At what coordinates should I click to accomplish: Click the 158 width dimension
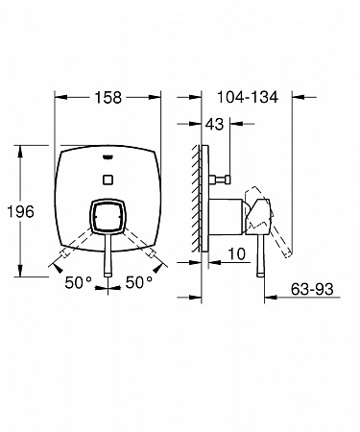click(x=108, y=97)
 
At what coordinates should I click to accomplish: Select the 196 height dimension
click(x=20, y=211)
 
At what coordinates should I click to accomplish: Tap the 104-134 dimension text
click(x=247, y=97)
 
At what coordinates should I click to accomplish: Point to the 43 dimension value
click(x=214, y=124)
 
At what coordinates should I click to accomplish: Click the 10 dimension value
click(x=236, y=253)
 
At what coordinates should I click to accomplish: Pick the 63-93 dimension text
click(x=312, y=289)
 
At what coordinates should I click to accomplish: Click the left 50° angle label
click(x=78, y=282)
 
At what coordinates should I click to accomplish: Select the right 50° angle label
click(x=138, y=282)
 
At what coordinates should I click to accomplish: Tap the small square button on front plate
click(x=108, y=180)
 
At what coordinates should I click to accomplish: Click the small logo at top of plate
click(x=108, y=156)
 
